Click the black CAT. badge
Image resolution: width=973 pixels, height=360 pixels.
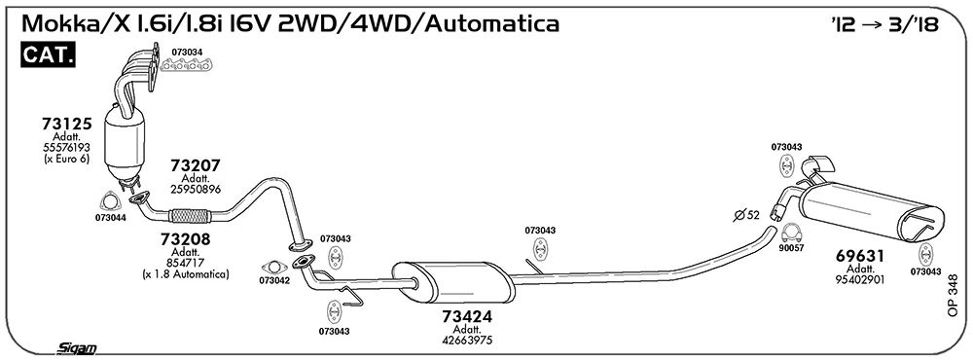point(49,55)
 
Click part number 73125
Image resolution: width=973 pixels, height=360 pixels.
point(66,124)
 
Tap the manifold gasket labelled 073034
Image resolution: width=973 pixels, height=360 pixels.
point(187,65)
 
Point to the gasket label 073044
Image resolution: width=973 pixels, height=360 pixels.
point(111,217)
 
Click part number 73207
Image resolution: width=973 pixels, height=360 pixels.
point(196,165)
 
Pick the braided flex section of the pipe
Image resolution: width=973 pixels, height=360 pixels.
point(190,216)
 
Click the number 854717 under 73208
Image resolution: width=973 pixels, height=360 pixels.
point(185,263)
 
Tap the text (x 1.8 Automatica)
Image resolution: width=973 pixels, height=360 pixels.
point(185,273)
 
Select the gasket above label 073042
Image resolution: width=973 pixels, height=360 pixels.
point(273,268)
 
